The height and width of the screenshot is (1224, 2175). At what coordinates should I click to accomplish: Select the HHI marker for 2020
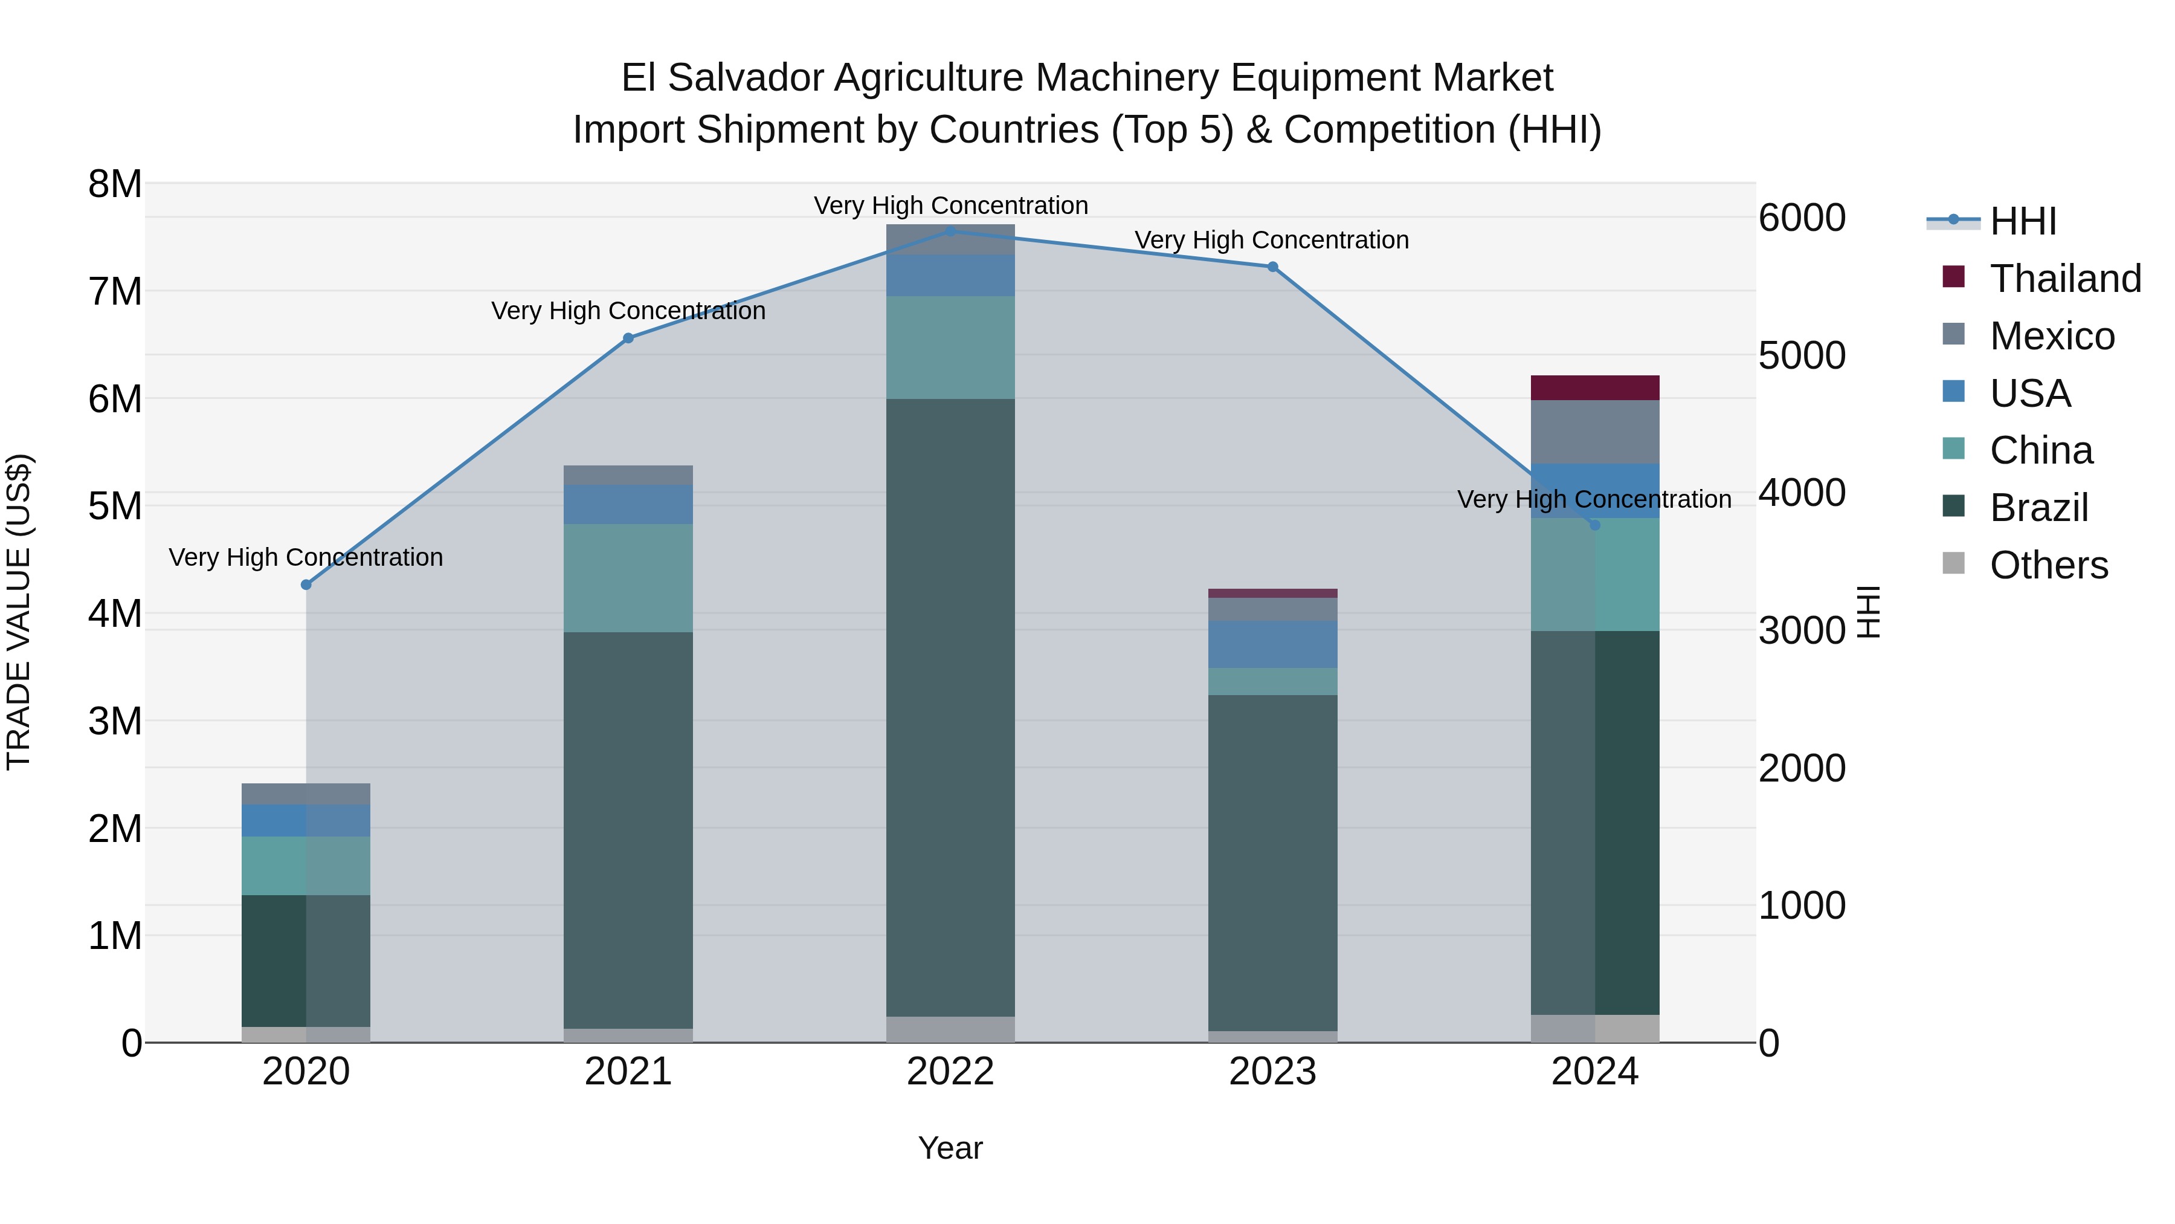[x=306, y=584]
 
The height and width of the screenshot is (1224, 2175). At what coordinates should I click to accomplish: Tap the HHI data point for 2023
[x=1272, y=267]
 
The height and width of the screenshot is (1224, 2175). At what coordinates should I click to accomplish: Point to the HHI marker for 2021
[x=628, y=338]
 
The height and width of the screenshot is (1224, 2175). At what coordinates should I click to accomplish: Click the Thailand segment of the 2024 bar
[x=1594, y=387]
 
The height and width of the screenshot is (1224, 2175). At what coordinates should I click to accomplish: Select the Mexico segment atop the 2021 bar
[x=628, y=474]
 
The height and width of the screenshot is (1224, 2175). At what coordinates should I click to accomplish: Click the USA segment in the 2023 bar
[x=1272, y=644]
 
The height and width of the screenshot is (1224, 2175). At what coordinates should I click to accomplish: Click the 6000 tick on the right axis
[x=1801, y=218]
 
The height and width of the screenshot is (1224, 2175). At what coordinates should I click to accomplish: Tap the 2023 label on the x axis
[x=1272, y=1072]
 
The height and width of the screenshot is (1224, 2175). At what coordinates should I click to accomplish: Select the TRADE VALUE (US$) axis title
[x=19, y=612]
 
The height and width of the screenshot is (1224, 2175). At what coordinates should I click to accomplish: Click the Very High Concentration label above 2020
[x=306, y=557]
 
